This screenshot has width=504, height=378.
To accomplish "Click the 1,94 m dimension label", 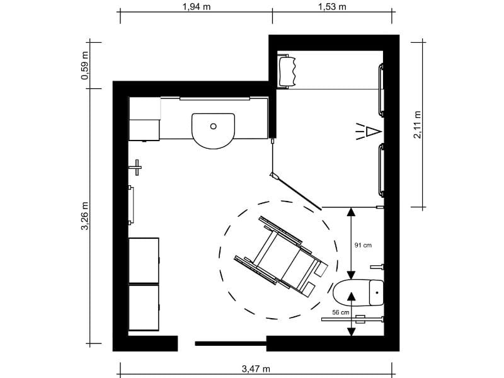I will [x=196, y=7].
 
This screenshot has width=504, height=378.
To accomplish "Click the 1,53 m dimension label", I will [x=333, y=7].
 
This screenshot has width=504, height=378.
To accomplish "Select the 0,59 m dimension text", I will [x=84, y=65].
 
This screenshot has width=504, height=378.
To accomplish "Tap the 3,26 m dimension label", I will [x=84, y=216].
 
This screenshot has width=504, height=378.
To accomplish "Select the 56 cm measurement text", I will [x=341, y=312].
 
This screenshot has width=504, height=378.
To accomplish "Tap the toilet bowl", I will [x=357, y=294].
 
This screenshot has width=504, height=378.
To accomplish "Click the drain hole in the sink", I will [x=214, y=126].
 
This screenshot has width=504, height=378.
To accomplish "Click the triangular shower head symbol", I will [x=373, y=132].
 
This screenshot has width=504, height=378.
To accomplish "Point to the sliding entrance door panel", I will [x=230, y=343].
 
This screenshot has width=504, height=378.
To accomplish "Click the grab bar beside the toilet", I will [x=353, y=319].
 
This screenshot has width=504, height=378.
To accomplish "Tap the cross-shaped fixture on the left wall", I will [x=136, y=168].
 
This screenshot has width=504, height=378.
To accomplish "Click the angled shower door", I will [x=296, y=191].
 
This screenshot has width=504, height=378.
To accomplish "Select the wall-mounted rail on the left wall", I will [x=131, y=205].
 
